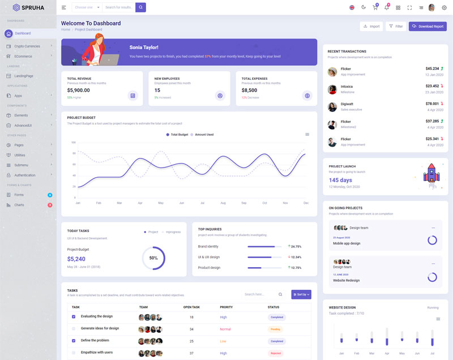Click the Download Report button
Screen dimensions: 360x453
click(428, 27)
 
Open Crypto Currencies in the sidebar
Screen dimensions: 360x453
click(27, 46)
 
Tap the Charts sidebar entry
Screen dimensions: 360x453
click(19, 205)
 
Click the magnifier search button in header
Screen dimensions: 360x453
click(140, 7)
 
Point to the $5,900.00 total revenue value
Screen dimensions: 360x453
click(78, 90)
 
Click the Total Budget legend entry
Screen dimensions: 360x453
click(177, 135)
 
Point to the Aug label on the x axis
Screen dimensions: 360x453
click(223, 203)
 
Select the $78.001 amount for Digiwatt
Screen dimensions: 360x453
click(432, 104)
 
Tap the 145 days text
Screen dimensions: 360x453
click(340, 180)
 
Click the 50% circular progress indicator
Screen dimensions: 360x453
click(153, 258)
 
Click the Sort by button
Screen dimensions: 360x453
click(301, 294)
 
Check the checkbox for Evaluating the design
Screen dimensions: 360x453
click(74, 316)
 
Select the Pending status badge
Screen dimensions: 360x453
click(276, 329)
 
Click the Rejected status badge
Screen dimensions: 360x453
click(276, 353)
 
